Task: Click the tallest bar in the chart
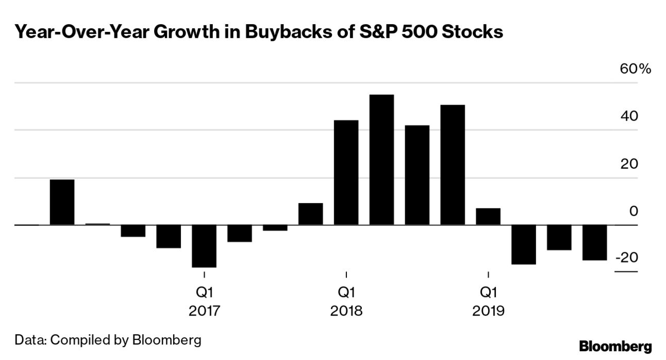[381, 160]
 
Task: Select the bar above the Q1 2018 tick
[346, 173]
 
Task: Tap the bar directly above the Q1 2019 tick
[488, 217]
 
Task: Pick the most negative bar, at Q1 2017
[204, 246]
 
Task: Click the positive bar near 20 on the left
[62, 202]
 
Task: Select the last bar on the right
[594, 242]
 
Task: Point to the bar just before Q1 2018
[310, 214]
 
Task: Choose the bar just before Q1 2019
[452, 165]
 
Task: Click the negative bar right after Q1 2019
[523, 244]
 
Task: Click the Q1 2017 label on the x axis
[204, 302]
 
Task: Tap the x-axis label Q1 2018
[346, 302]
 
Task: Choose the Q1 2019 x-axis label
[488, 302]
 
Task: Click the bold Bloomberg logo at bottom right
[615, 346]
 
